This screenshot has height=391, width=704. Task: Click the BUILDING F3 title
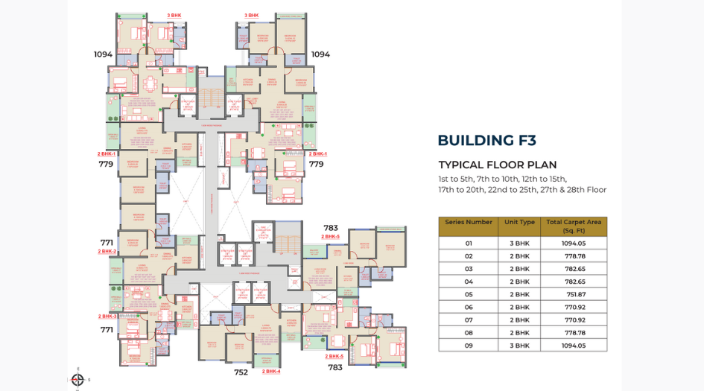point(486,140)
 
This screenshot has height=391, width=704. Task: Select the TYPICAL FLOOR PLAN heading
point(497,165)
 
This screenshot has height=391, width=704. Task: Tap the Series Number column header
point(469,222)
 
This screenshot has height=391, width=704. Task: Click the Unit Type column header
point(519,222)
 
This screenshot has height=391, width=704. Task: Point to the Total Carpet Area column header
point(574,226)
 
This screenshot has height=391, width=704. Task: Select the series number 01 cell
point(469,244)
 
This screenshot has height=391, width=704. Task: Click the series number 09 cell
point(469,346)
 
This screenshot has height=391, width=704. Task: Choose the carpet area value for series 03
point(574,269)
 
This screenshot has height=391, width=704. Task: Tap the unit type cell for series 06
point(519,307)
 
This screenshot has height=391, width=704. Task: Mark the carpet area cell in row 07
point(574,320)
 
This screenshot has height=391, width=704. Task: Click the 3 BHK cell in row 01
point(519,244)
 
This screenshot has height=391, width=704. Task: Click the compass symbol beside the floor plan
point(77,379)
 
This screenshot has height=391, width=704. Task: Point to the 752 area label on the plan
point(241,372)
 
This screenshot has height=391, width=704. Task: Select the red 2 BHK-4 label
point(271,371)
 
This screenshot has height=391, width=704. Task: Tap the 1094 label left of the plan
point(103,54)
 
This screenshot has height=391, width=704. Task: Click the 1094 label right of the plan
point(320,54)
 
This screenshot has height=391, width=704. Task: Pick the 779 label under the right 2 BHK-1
point(316,164)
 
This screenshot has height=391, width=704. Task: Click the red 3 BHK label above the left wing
point(174,15)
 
